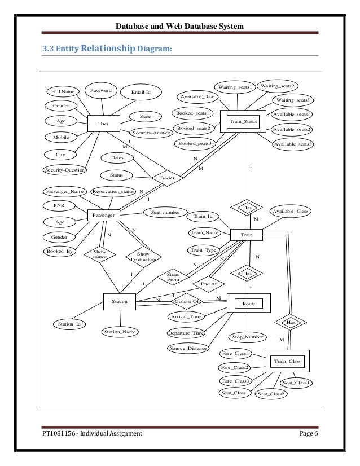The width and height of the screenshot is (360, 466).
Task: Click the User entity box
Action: click(x=104, y=123)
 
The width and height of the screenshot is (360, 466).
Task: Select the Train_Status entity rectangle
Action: click(x=243, y=122)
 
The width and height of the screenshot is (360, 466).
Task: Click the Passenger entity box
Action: click(x=104, y=215)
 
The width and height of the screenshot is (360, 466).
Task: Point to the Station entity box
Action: click(x=119, y=302)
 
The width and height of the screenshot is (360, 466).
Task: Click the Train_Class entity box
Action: click(x=285, y=361)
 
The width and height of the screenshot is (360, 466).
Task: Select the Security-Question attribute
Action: click(x=65, y=169)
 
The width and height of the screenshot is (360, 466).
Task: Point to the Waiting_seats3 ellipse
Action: click(x=293, y=100)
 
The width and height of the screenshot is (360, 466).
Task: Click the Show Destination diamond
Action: click(x=139, y=257)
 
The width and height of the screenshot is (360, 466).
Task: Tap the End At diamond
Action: click(x=209, y=284)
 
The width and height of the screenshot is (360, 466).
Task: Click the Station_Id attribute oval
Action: click(x=70, y=324)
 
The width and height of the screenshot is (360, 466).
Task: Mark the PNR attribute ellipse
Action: click(x=59, y=206)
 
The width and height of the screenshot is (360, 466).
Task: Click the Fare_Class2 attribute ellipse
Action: click(x=235, y=368)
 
